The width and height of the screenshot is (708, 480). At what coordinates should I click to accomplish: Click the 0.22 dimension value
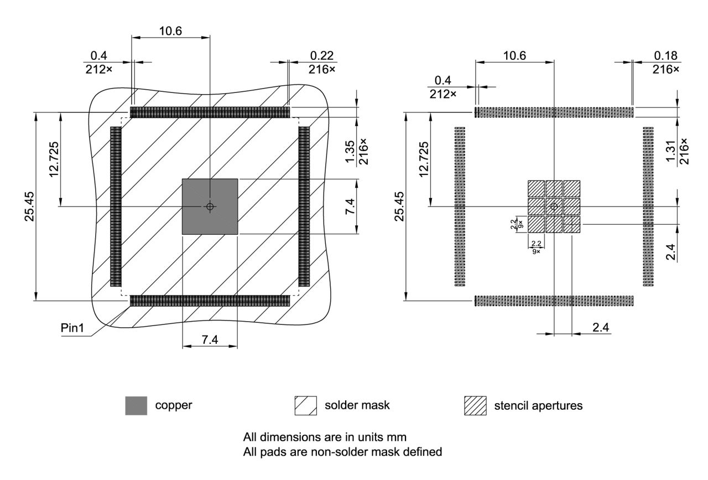point(322,56)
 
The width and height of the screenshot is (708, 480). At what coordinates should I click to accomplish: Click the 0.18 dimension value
point(665,56)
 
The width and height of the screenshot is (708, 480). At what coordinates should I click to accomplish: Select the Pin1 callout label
point(72,328)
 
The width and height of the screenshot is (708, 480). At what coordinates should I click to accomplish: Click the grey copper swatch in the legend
point(136,405)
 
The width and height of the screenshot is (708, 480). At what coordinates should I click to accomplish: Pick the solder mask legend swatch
point(306,405)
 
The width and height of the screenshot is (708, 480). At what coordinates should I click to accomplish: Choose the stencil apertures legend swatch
point(475,405)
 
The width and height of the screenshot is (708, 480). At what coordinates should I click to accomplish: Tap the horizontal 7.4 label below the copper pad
point(210,340)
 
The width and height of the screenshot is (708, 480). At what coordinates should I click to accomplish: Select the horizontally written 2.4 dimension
point(601,327)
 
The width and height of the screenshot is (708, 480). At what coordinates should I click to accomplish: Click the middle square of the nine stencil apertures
point(554,207)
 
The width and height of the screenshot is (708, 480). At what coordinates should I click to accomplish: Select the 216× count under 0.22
point(322,69)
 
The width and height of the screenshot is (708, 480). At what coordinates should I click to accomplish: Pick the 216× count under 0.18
point(665,69)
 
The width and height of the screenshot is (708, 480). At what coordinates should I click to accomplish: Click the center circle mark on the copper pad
point(210,207)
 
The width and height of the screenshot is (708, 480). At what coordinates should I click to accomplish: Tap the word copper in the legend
point(173,405)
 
